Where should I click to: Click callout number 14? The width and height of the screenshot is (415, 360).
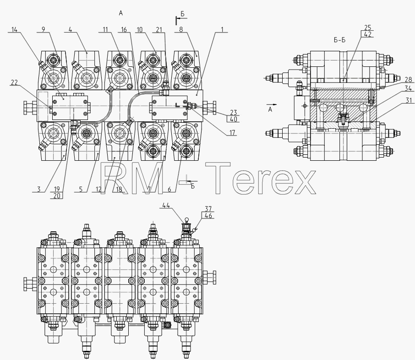click(x=14, y=29)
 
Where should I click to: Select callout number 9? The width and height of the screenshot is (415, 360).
click(x=44, y=29)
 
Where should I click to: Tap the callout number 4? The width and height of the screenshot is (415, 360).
click(x=70, y=29)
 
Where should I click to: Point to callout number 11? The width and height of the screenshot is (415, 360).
click(x=105, y=29)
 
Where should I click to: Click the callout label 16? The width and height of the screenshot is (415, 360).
click(x=124, y=29)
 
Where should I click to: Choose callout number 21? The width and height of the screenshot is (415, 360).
click(x=159, y=30)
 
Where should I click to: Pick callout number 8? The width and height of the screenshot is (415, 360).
click(x=181, y=29)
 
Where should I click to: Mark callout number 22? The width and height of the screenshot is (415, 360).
click(x=14, y=82)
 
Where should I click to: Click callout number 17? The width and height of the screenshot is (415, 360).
click(x=232, y=132)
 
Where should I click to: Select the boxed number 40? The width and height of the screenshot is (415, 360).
click(x=233, y=119)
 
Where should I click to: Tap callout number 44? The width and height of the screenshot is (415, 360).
click(x=166, y=205)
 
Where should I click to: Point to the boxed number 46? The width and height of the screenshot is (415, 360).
click(x=208, y=216)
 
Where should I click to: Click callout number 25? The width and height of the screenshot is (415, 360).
click(x=368, y=27)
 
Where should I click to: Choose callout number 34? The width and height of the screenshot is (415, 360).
click(x=408, y=88)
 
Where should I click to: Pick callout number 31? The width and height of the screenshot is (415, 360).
click(x=409, y=100)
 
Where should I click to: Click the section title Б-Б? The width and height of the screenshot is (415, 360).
click(x=339, y=40)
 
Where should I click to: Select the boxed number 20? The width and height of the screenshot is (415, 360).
click(x=57, y=196)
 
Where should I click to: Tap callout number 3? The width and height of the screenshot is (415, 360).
click(x=39, y=189)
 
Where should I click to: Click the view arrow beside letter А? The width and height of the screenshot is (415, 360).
click(x=271, y=104)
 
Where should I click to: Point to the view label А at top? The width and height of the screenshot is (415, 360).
click(x=120, y=13)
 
